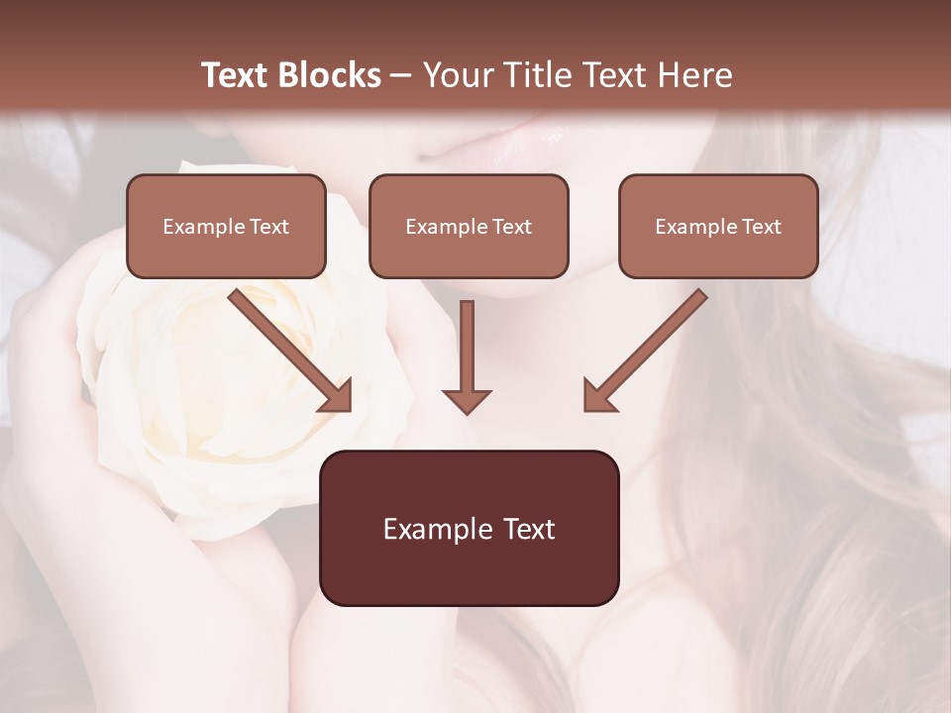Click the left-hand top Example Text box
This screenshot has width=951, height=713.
point(226,226)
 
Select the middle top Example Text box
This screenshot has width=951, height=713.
point(469,226)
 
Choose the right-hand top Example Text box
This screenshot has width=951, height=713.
point(718,226)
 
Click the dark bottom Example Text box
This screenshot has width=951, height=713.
point(469,528)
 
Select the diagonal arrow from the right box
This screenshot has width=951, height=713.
point(649,347)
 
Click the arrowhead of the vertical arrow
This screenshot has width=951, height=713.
point(467,400)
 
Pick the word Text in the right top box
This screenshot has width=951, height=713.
point(761,227)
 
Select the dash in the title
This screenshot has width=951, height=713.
point(401,76)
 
